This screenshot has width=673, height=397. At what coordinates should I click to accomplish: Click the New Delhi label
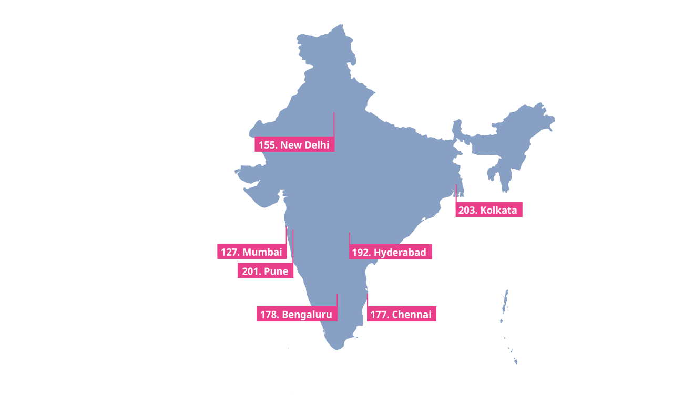(x=294, y=145)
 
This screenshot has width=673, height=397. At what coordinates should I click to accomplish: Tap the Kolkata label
(x=488, y=210)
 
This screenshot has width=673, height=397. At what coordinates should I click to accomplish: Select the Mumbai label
(x=252, y=252)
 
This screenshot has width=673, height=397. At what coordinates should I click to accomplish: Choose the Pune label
(x=266, y=271)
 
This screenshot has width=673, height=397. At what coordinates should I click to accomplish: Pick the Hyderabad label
(x=390, y=252)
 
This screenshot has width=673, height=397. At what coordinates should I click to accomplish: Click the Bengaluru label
(x=297, y=315)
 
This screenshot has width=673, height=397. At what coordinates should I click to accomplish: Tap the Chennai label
(x=401, y=315)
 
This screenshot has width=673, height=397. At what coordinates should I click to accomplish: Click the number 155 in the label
(x=267, y=145)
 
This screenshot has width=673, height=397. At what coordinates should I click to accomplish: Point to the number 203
(x=467, y=210)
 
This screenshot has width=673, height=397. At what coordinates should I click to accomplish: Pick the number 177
(x=379, y=315)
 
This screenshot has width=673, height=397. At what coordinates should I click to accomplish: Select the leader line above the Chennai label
(x=368, y=300)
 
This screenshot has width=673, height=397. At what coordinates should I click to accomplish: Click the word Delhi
(x=317, y=145)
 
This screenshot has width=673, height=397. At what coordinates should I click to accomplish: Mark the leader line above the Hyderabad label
(x=350, y=239)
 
